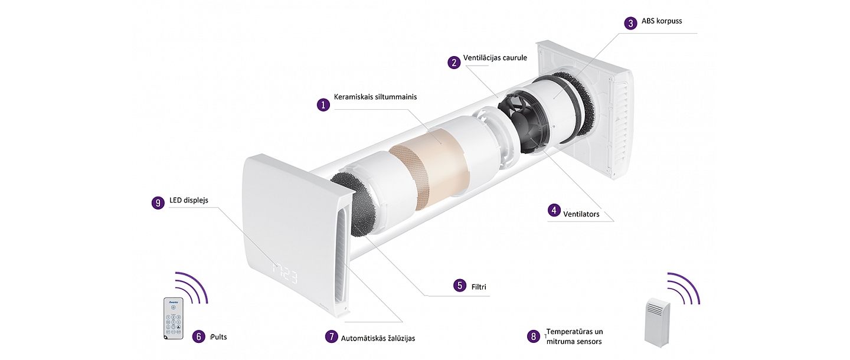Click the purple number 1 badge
tap(323, 104)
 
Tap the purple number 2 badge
tap(454, 62)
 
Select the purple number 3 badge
tap(630, 23)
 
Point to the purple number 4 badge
tap(554, 210)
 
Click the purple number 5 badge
tap(460, 285)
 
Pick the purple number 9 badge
tap(158, 203)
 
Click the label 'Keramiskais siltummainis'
tap(375, 97)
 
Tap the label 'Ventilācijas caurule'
tap(495, 58)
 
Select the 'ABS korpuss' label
tap(662, 21)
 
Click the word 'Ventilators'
tap(581, 214)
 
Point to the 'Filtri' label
tap(479, 287)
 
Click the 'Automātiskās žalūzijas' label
tap(378, 338)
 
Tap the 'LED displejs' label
tap(189, 200)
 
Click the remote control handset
tap(174, 318)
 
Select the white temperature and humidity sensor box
tap(657, 322)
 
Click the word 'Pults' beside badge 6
tap(219, 337)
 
